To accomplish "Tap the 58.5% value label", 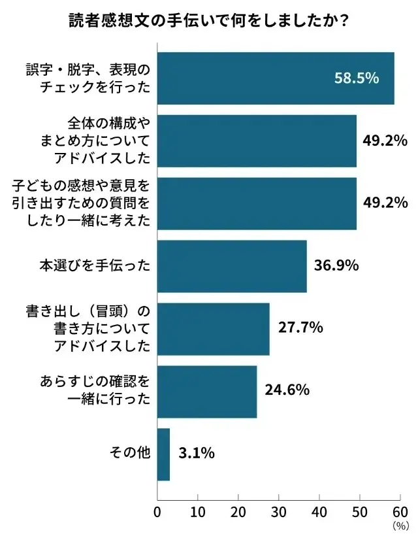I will [357, 78].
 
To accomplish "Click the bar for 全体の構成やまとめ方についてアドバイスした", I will [257, 141].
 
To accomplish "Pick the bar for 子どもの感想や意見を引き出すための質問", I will [257, 203].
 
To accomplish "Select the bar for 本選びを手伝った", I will [232, 266].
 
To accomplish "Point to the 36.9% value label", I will [336, 266].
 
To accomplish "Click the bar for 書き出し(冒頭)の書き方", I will [214, 329].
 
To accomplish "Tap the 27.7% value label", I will [300, 328].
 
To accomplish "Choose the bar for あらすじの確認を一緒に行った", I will [207, 392].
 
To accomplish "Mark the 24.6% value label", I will [287, 390].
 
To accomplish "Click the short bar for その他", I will [164, 454].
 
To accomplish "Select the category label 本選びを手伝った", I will [95, 266].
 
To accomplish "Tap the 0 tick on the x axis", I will [157, 511].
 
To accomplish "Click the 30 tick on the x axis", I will [279, 511].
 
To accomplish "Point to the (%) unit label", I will [400, 526].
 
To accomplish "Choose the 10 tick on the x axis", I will [198, 511].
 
